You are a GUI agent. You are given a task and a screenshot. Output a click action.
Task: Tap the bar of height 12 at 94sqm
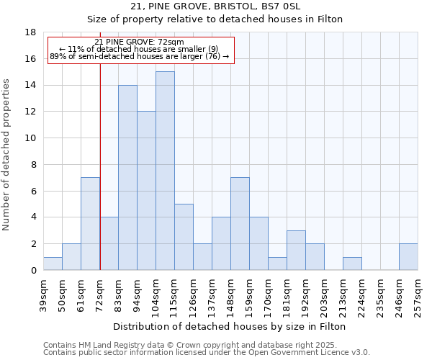tap(146, 191)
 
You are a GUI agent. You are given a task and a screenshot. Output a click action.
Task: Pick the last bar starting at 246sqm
tap(408, 257)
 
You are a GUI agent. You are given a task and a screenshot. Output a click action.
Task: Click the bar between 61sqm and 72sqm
tap(90, 224)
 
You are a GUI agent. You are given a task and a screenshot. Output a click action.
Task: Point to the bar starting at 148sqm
tap(240, 224)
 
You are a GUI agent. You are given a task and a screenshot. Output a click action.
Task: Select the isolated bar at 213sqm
tap(352, 264)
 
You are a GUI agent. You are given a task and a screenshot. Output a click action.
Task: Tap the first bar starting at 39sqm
tap(53, 264)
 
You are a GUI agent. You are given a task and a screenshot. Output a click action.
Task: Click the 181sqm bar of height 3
tap(296, 251)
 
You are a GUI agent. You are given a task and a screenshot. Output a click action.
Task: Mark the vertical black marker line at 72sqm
tap(100, 166)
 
